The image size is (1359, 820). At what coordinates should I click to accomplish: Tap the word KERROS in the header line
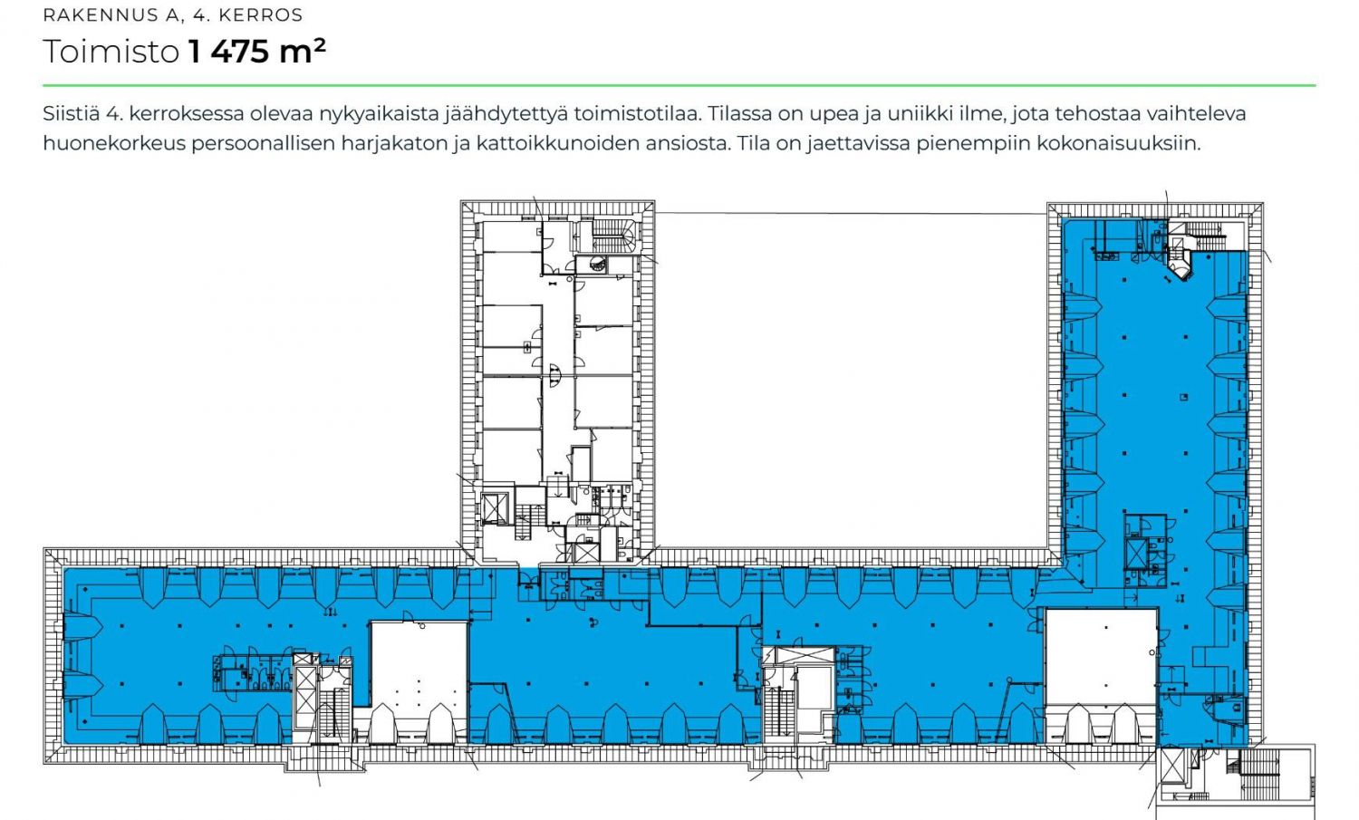coord(260,15)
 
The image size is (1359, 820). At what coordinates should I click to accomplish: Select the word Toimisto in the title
coord(111,51)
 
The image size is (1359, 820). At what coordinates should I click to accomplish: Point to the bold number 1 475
coord(228,51)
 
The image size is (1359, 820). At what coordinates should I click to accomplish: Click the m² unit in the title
coord(302,51)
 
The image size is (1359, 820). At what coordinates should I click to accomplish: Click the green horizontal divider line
coord(679,85)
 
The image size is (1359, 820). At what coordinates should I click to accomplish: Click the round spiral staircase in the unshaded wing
coord(598,265)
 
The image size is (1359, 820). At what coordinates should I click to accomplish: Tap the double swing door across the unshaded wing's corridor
coord(554,376)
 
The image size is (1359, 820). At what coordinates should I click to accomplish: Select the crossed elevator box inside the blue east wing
coord(1135,553)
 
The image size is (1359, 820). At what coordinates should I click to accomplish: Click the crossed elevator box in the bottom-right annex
coord(1172,766)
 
